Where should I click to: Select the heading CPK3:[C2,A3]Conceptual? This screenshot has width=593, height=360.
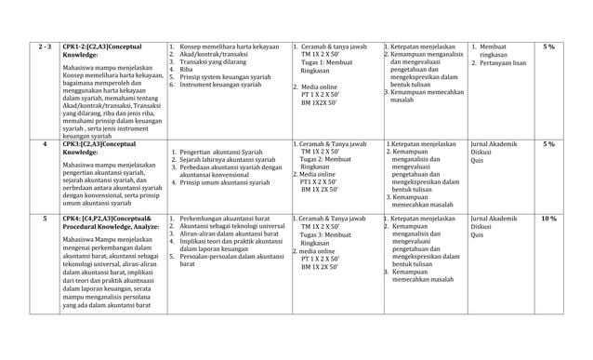coord(106,144)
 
